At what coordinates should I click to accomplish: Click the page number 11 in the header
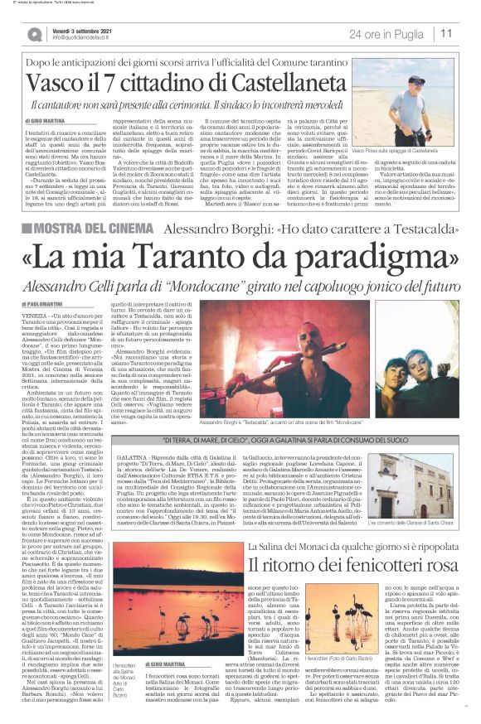(446, 34)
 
